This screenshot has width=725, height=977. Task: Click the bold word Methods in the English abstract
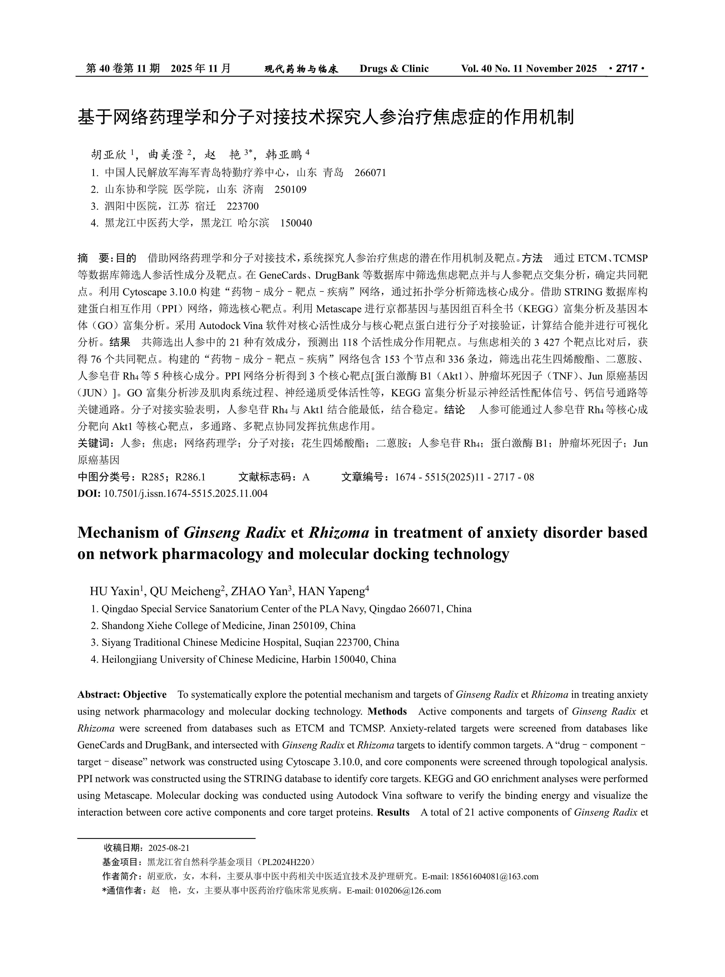point(387,711)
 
